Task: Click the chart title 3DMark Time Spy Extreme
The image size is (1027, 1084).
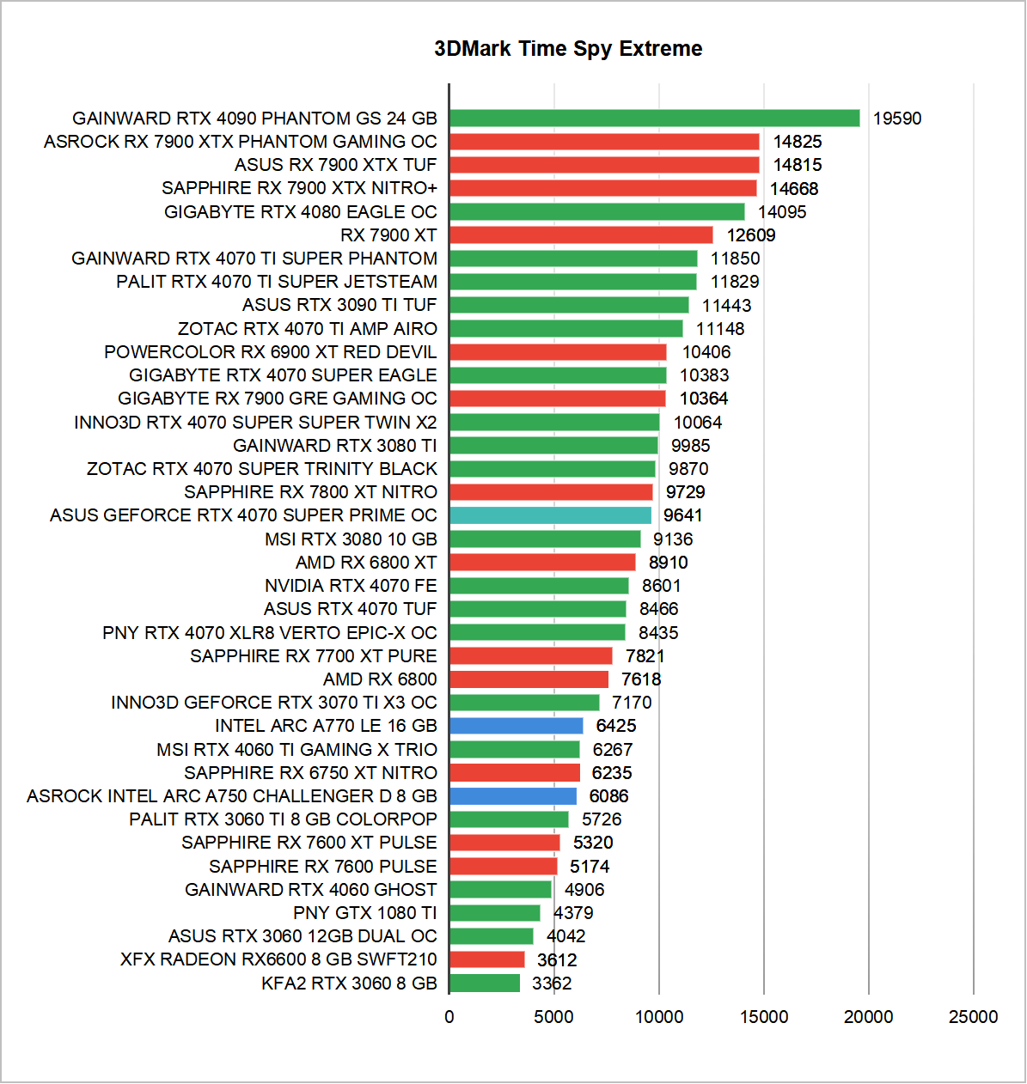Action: (568, 49)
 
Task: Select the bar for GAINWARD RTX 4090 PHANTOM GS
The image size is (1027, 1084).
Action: (654, 119)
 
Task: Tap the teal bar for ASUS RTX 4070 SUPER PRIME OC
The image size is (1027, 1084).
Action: (550, 515)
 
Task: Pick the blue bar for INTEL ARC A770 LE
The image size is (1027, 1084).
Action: (516, 726)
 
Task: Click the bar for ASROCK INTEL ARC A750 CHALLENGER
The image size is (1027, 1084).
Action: (513, 796)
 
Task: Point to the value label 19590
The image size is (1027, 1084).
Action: (896, 119)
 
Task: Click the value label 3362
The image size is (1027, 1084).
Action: (552, 984)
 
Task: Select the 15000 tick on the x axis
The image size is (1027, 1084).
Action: (763, 1017)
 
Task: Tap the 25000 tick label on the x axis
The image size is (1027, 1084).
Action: (973, 1017)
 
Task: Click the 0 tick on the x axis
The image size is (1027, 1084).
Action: (449, 1017)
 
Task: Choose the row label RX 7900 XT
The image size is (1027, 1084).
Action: (388, 235)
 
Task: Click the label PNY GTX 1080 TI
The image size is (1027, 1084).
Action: (365, 913)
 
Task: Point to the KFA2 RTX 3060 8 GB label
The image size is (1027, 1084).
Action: (350, 984)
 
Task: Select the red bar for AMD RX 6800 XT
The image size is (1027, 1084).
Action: (542, 563)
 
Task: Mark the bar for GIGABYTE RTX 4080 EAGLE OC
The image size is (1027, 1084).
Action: (596, 212)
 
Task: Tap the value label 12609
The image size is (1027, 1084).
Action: (751, 235)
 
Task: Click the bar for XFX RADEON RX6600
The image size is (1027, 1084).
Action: (486, 959)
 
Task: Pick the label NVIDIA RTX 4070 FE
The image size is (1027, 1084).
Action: (351, 586)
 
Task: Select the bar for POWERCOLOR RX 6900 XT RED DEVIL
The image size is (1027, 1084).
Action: (558, 352)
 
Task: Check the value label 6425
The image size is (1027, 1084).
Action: (616, 726)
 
